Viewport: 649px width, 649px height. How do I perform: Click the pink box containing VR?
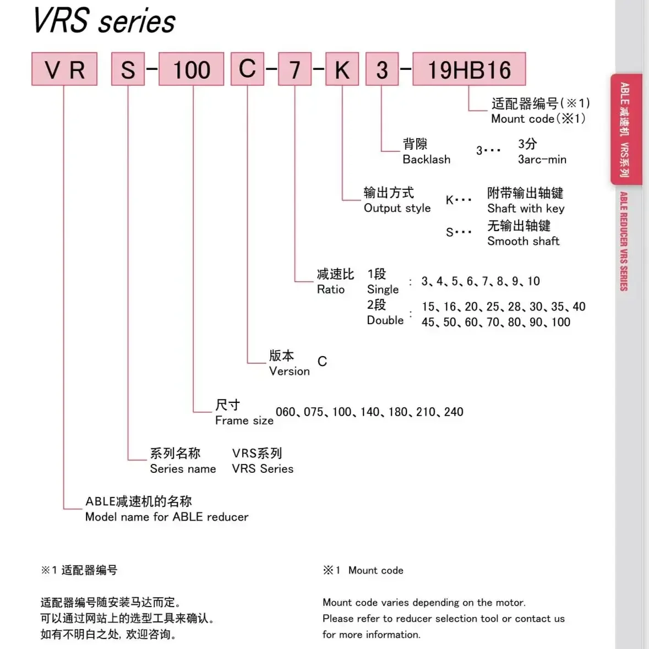coord(64,69)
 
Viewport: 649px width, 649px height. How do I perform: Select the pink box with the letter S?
coord(128,69)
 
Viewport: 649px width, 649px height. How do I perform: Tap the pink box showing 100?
coord(191,69)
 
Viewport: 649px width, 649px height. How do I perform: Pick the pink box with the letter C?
coord(247,69)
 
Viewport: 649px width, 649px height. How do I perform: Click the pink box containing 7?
coord(294,69)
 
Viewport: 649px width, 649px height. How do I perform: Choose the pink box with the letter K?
coord(342,69)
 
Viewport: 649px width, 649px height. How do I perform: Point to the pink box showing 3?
coord(381,69)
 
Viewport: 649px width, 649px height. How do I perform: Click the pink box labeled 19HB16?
coord(469,69)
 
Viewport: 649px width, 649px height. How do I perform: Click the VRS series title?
coord(104,21)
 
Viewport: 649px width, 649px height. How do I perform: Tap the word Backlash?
coord(426,160)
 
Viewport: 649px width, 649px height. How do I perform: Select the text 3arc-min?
coord(542,160)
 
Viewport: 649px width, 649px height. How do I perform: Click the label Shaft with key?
coord(526,209)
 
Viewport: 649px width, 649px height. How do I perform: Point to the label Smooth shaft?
coord(523,241)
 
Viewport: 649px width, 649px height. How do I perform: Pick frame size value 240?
coord(454,412)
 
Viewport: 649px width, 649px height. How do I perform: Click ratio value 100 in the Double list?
coord(560,322)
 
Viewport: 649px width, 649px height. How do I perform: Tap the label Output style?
coord(397,208)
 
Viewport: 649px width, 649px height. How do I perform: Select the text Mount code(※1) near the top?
coord(538,119)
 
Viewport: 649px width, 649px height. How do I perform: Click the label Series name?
coord(183,469)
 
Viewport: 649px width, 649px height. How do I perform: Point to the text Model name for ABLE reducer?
coord(166,517)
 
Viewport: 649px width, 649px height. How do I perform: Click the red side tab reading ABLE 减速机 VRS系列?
coord(626,129)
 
